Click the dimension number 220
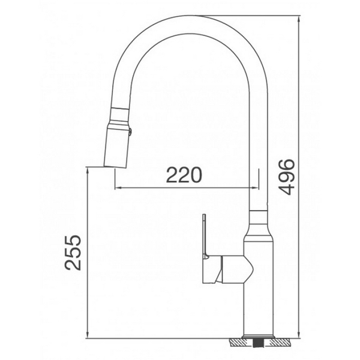(184, 175)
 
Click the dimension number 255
(74, 251)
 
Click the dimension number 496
(287, 176)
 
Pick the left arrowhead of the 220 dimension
(116, 188)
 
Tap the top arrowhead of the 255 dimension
(88, 170)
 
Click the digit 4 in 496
(287, 188)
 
